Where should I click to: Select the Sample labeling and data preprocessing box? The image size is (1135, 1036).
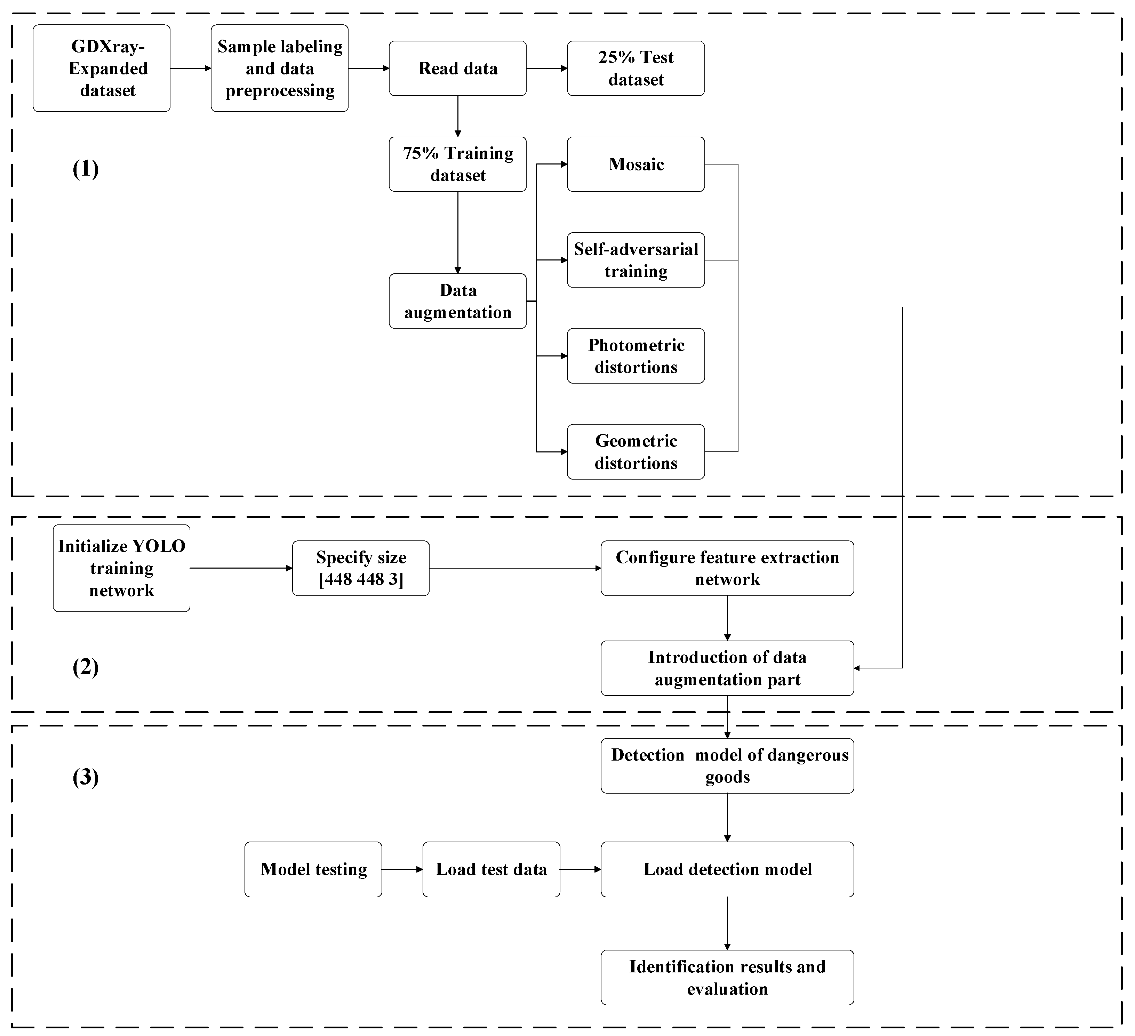point(280,68)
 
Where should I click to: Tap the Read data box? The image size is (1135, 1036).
point(458,68)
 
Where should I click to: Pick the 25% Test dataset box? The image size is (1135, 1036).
point(636,68)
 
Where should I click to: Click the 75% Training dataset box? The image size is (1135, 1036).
point(458,164)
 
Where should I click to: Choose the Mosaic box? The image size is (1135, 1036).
point(636,164)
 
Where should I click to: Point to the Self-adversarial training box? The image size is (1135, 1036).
point(636,260)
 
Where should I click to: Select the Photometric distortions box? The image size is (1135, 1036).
point(636,356)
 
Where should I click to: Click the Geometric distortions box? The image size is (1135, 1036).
point(636,452)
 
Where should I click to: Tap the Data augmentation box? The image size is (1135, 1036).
point(458,301)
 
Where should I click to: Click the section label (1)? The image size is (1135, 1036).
point(86,168)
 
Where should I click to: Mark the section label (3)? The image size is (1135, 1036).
point(86,777)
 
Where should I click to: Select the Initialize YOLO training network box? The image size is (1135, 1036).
point(122,568)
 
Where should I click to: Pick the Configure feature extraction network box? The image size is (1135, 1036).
point(727,568)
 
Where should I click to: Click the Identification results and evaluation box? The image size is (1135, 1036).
point(727,978)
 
